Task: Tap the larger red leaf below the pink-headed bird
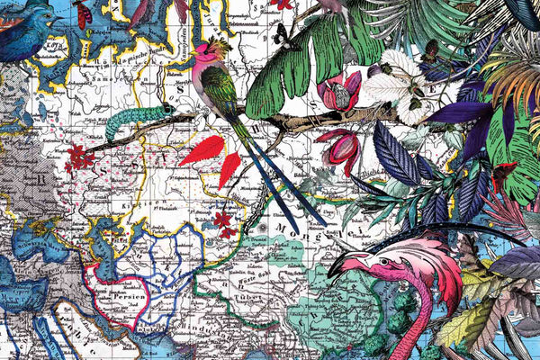click(x=202, y=149)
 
